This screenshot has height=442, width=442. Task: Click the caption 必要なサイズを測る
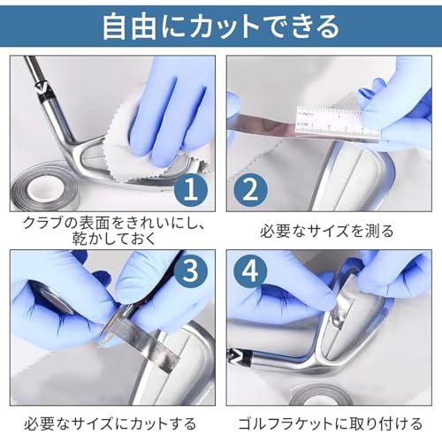pos(327,232)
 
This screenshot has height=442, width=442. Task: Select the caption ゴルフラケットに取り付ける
pos(327,423)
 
